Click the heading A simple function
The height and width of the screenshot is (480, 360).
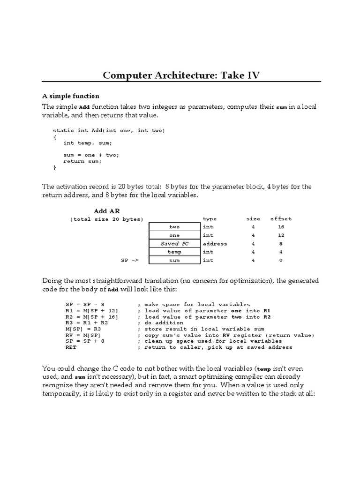71,96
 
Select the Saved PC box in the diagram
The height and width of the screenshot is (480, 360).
174,244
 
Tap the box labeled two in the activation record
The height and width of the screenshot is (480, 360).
174,227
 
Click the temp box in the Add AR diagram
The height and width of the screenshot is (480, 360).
174,252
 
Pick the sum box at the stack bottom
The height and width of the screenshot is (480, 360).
174,261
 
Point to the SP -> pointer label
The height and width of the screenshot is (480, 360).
129,261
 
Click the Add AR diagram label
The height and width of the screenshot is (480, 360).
107,211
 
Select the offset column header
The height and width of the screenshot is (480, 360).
280,219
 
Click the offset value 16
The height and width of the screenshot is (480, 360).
280,227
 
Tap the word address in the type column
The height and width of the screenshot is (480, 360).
215,244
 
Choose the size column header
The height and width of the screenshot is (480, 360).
253,219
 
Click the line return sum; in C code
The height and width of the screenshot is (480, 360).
82,161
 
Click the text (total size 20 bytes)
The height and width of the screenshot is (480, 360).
106,219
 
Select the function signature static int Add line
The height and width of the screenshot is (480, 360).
109,130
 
